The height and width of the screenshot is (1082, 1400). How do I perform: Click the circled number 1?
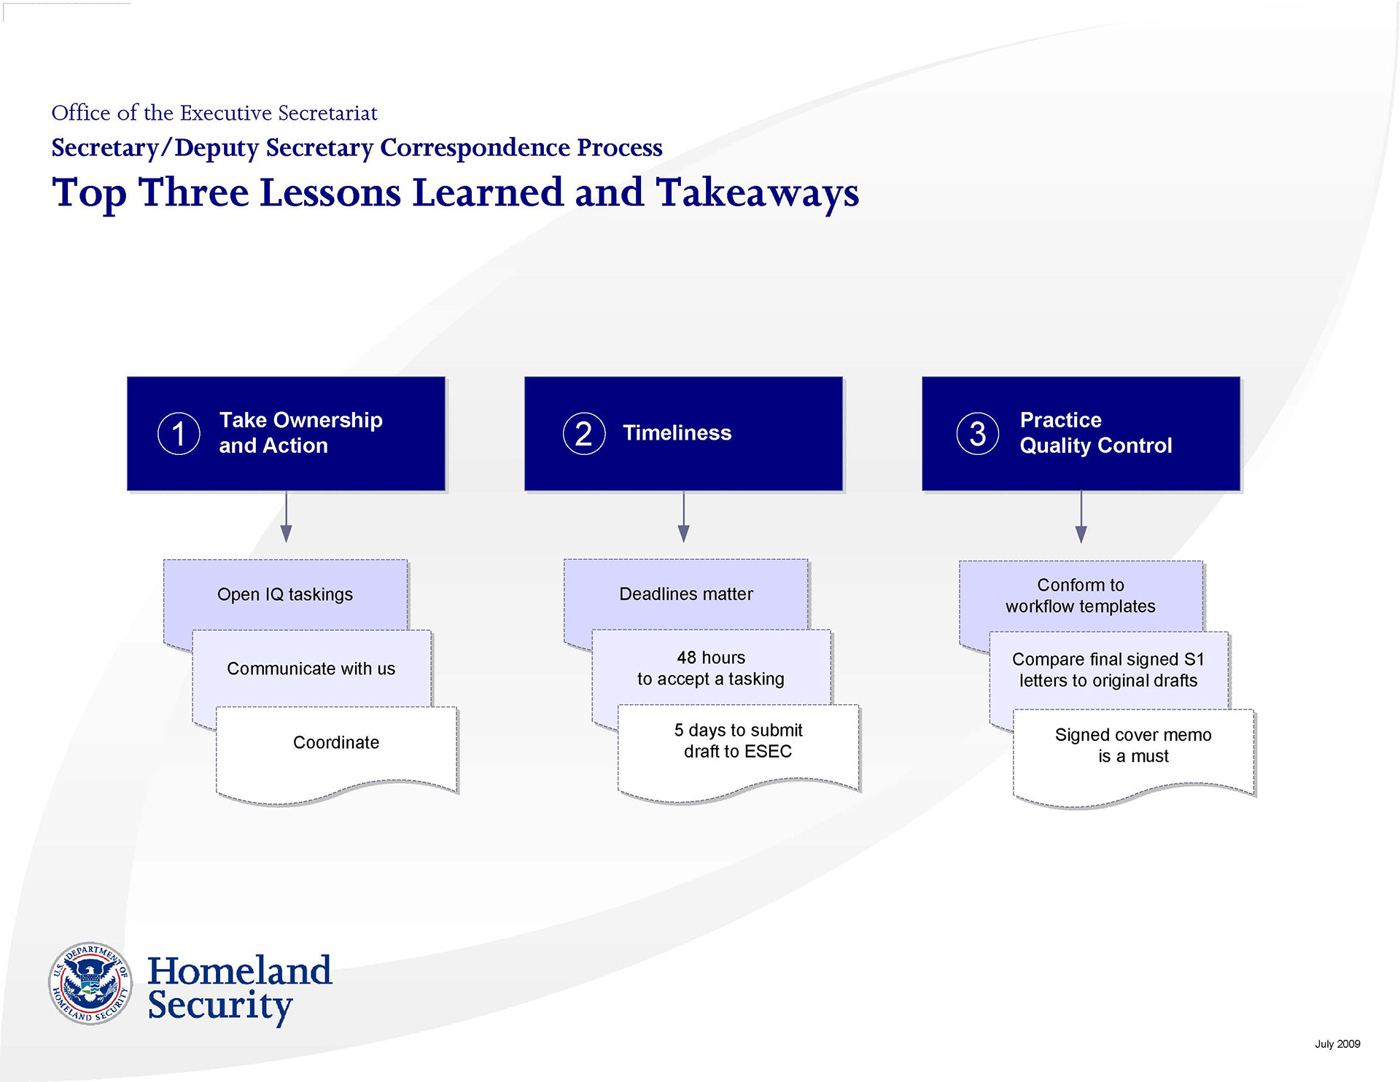point(179,434)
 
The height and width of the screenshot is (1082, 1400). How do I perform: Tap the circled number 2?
point(584,434)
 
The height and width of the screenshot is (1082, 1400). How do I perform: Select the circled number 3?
point(978,434)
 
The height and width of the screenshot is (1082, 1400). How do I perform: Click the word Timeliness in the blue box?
point(677,433)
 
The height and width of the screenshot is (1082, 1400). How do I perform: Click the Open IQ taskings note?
point(285,595)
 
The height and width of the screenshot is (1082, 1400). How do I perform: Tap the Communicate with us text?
point(311,669)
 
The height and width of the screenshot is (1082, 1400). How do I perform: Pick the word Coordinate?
point(336,742)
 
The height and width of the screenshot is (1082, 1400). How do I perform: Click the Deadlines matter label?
point(686,594)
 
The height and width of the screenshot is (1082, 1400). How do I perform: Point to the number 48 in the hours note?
point(687,658)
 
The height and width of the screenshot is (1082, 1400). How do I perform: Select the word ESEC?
point(769,752)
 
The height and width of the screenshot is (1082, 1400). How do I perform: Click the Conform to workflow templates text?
point(1081,596)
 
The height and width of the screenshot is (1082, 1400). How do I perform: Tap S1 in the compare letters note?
point(1194,660)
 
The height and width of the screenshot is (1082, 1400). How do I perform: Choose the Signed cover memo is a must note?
point(1133,746)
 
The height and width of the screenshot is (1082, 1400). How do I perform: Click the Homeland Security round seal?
point(90,984)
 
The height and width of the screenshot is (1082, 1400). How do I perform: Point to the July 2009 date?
point(1337,1044)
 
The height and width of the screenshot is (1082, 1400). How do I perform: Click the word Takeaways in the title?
point(758,194)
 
